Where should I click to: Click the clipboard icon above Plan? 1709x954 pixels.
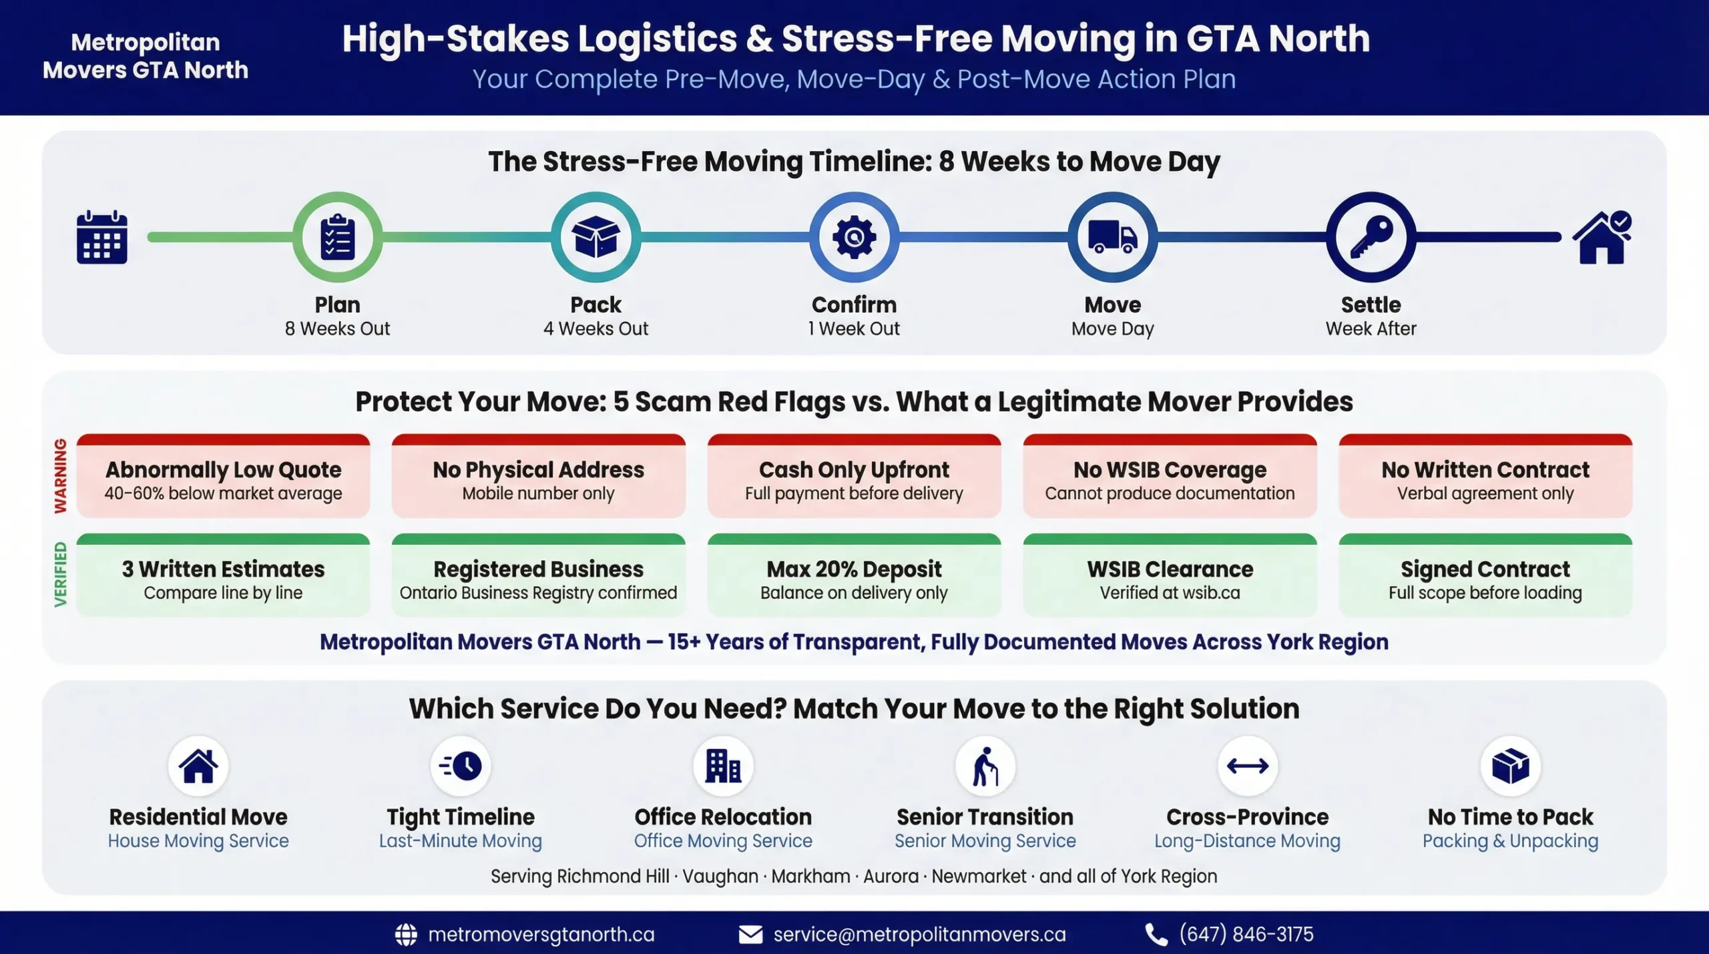tap(338, 237)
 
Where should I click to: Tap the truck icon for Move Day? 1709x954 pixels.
tap(1112, 237)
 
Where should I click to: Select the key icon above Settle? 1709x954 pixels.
tap(1371, 237)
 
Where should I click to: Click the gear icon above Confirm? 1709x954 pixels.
tap(854, 237)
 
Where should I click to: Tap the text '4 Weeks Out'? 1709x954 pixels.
tap(595, 328)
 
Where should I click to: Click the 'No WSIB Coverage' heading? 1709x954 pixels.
tap(1170, 470)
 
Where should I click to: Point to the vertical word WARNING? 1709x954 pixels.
tap(61, 475)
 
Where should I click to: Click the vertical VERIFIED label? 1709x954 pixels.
tap(61, 574)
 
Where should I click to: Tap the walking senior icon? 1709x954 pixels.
tap(985, 766)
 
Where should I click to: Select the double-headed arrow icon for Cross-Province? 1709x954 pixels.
tap(1247, 766)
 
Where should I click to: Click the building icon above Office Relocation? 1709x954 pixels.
tap(723, 766)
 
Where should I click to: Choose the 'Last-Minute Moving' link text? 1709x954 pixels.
tap(461, 841)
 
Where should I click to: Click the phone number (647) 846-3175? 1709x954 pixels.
tap(1246, 934)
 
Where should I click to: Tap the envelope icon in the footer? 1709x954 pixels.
tap(750, 935)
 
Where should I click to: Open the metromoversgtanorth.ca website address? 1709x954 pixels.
tap(541, 934)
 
